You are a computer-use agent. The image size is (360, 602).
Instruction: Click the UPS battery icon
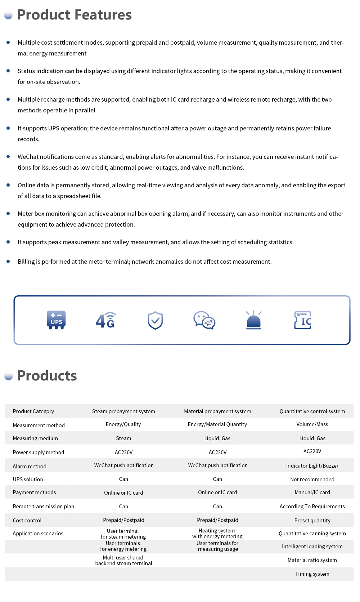(x=56, y=320)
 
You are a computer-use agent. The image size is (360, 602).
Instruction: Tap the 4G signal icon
(x=105, y=320)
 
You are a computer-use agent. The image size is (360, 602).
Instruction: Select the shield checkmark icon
(x=155, y=320)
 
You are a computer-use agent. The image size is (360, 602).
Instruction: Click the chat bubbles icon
(x=204, y=320)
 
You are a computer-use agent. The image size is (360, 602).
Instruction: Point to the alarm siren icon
(x=254, y=320)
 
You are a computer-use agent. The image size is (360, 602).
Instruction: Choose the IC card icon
(x=303, y=320)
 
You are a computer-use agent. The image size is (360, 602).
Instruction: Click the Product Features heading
(x=74, y=15)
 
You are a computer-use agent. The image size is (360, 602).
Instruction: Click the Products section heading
(x=47, y=376)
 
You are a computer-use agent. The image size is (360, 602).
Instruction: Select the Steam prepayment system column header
(x=123, y=411)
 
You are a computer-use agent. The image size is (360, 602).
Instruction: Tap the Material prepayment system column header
(x=217, y=411)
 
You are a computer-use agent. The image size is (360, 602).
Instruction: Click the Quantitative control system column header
(x=312, y=411)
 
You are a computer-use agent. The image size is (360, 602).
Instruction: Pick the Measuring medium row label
(x=35, y=438)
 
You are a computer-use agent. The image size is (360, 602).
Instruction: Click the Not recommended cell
(x=312, y=480)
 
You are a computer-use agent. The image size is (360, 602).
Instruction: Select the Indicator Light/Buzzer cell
(x=312, y=466)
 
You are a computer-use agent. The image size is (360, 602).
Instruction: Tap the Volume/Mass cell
(x=312, y=424)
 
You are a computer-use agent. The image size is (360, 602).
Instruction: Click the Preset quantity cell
(x=312, y=521)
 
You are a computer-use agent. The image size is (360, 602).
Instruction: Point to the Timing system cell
(x=312, y=574)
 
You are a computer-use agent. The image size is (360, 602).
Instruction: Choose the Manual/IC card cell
(x=312, y=492)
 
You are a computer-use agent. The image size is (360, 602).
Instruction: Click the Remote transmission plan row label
(x=44, y=507)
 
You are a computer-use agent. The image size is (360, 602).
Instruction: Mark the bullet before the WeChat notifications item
(x=8, y=157)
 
